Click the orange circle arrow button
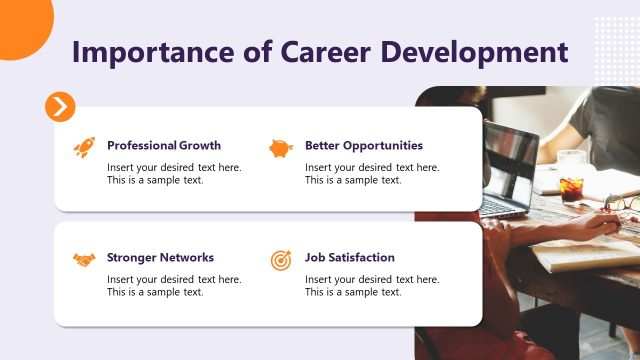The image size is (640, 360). coord(60,106)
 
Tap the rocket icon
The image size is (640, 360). coord(84,147)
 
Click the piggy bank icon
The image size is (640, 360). coord(281,148)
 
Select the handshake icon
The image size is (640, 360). coord(84,259)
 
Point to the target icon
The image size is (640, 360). coord(281,259)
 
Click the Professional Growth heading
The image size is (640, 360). coord(164,145)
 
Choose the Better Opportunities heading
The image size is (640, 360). coord(364,145)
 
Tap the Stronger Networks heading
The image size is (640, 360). coord(160,257)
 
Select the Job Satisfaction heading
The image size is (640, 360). coord(350,257)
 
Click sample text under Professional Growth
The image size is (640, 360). coord(174,174)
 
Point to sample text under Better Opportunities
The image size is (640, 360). coord(372,174)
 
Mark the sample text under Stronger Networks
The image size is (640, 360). coord(174,286)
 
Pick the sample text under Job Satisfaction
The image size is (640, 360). coord(372,286)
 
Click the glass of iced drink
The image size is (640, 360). coord(571,185)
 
